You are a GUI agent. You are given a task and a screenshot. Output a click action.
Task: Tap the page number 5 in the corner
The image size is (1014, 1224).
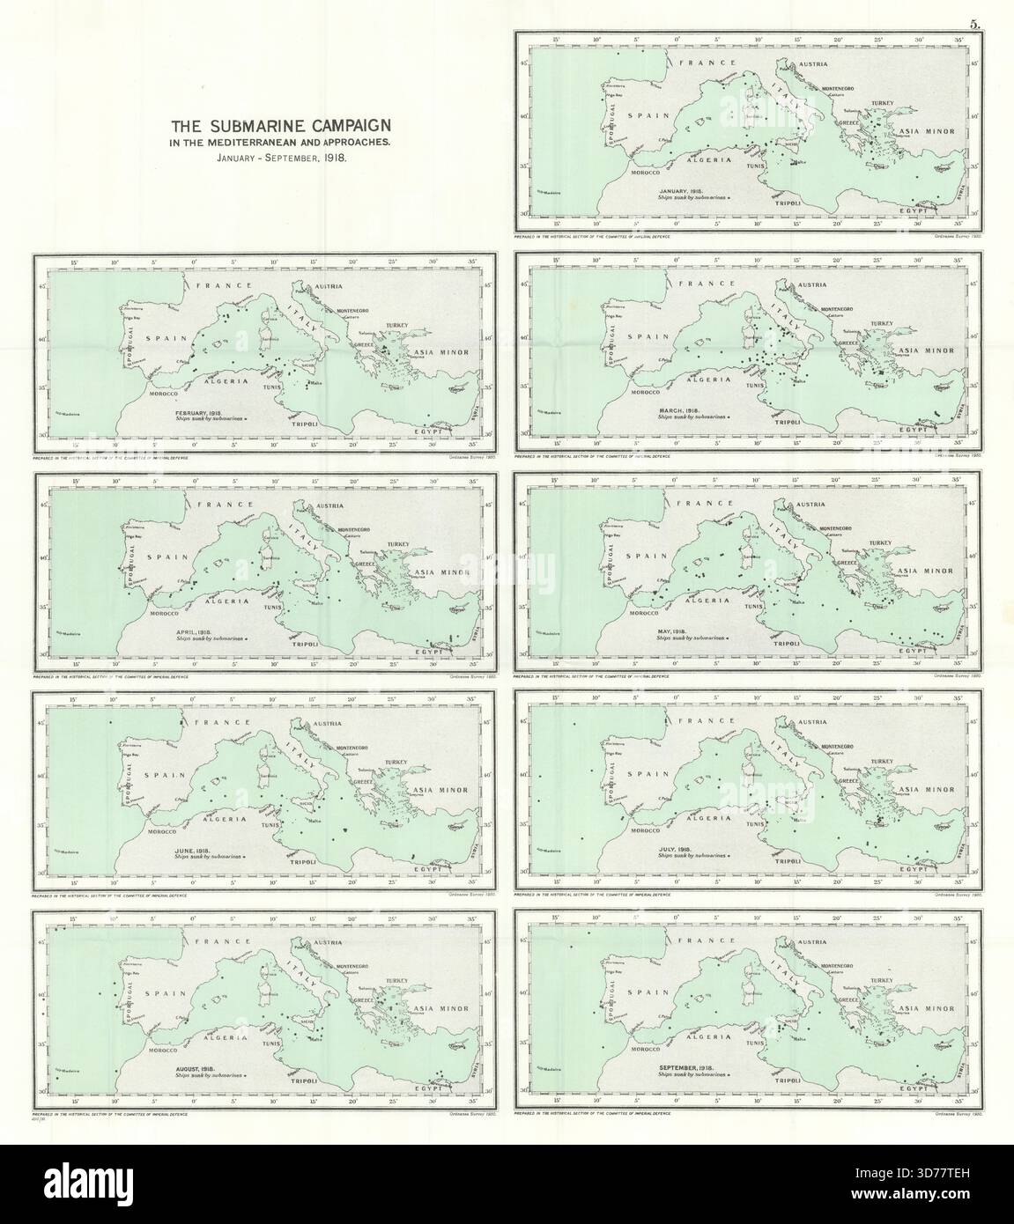coord(976,25)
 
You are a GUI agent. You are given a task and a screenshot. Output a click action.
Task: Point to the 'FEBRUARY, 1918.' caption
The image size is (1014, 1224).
coord(202,413)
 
